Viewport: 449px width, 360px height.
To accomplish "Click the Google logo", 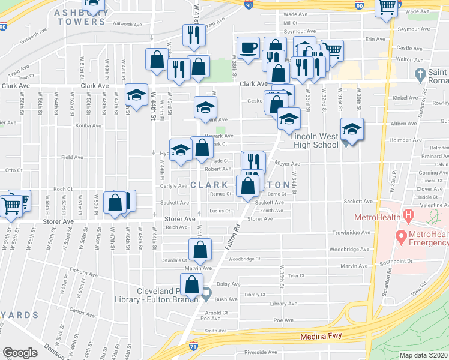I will pyautogui.click(x=20, y=353).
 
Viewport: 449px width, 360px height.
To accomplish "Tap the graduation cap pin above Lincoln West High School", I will pyautogui.click(x=352, y=129).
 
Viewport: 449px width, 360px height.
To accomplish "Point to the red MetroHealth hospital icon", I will pyautogui.click(x=409, y=214).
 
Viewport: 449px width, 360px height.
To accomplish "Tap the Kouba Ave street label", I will pyautogui.click(x=88, y=126).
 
